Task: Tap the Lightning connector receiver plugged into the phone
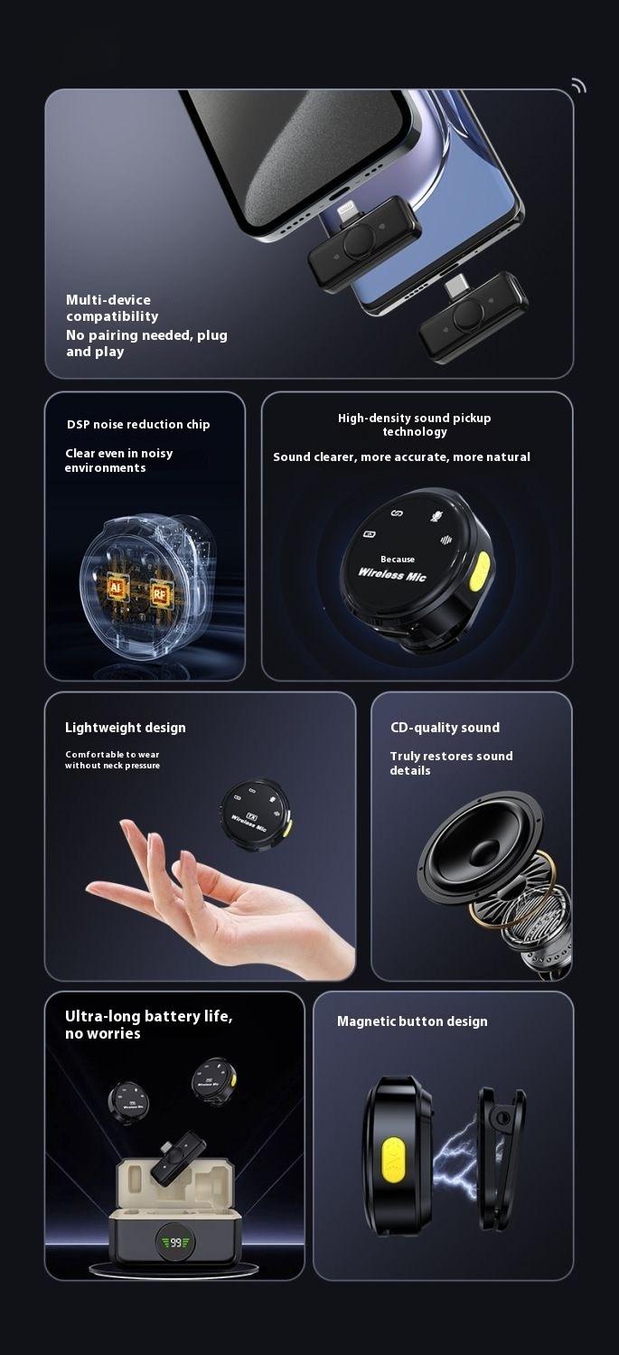(x=364, y=244)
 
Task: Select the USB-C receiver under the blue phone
(x=473, y=315)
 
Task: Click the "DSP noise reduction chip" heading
(x=138, y=425)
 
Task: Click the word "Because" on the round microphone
(x=398, y=560)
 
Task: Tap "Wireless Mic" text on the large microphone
(x=392, y=576)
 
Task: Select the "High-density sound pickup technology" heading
(x=415, y=425)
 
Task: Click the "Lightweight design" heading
(x=126, y=728)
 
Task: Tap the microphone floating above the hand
(x=255, y=809)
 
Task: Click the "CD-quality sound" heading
(x=445, y=728)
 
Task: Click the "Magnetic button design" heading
(x=412, y=1021)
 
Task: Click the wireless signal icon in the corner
(x=578, y=86)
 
